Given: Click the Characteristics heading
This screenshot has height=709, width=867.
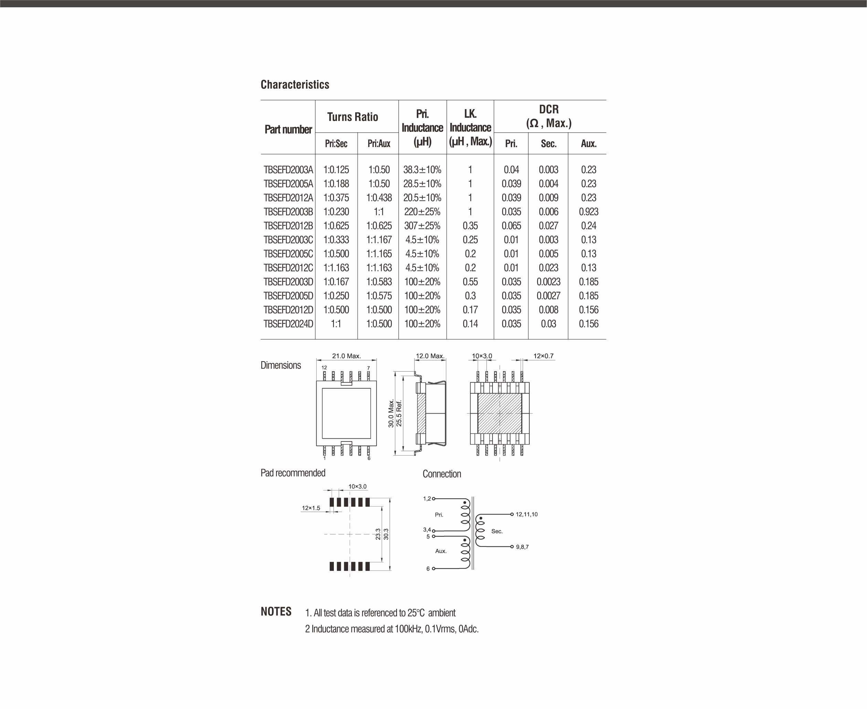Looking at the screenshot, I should pos(295,85).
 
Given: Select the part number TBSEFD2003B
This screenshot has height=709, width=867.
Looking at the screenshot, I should pos(288,211).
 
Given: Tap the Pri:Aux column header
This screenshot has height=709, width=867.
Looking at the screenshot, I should pos(379,143).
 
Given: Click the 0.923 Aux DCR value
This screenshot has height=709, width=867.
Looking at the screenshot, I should pos(588,211).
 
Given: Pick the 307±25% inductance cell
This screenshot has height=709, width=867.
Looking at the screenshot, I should pos(422,226).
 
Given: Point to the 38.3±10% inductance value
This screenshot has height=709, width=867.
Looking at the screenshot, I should pos(422,169).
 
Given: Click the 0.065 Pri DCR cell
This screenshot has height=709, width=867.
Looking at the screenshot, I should pos(511,226).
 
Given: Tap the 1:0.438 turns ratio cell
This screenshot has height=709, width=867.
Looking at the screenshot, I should pos(379,198).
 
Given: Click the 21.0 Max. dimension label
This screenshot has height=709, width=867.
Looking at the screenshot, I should pos(346,356).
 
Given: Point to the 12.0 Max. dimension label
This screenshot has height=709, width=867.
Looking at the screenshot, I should pos(430,356).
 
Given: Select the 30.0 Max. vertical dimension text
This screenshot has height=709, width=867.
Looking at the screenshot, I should pos(391,413).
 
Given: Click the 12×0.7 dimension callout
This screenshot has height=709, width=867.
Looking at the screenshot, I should pos(543,356).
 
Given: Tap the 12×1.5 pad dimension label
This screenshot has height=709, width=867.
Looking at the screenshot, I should pos(311,508).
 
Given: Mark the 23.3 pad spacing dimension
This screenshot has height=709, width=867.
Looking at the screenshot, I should pos(378,534).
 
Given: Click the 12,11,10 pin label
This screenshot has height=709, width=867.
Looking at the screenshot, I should pos(527,514).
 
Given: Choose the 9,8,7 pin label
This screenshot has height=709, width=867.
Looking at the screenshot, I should pos(522,547).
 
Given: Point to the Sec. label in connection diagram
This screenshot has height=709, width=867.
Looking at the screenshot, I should pos(497,531).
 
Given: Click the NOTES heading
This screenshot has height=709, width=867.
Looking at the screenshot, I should pos(276,612).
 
